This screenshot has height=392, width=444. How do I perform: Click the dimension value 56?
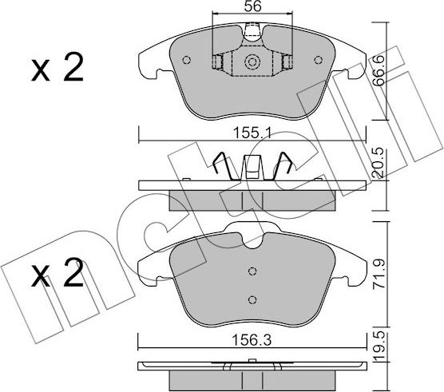[253, 6]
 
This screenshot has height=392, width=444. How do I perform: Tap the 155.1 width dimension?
[252, 133]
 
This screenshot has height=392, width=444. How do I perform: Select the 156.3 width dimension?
[252, 340]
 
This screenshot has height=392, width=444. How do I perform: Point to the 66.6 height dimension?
[379, 70]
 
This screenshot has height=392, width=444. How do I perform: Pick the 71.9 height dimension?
[379, 273]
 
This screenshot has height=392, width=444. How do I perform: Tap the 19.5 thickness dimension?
[379, 346]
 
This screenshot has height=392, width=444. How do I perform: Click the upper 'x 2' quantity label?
[57, 68]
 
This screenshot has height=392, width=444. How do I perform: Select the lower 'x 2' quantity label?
[57, 272]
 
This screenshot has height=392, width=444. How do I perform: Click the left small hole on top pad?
[186, 60]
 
